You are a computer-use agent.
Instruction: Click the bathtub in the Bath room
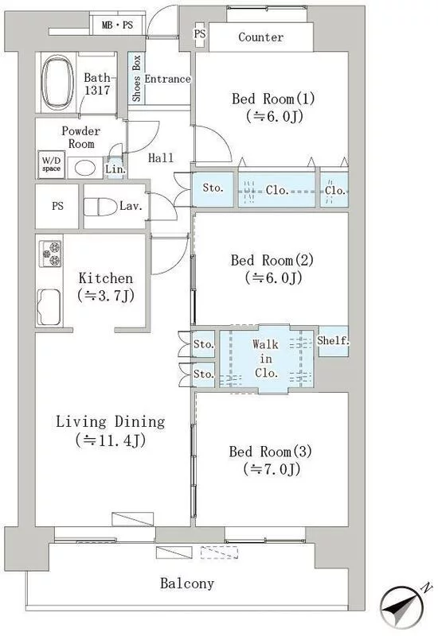click(57, 83)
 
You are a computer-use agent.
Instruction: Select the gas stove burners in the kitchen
click(51, 254)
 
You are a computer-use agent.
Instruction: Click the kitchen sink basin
click(49, 307)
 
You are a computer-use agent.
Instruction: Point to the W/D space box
click(51, 165)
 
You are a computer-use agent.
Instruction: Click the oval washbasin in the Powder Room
click(86, 168)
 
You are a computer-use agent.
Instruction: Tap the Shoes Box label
click(136, 78)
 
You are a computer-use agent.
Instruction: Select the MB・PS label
click(117, 25)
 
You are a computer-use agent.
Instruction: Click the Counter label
click(261, 37)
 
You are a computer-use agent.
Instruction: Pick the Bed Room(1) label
click(273, 99)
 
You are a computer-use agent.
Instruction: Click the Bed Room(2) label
click(272, 260)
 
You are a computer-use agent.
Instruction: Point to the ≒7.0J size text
click(272, 469)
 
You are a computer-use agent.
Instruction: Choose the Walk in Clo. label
click(266, 359)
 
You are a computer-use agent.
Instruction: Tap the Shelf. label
click(333, 341)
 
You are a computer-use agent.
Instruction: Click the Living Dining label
click(111, 422)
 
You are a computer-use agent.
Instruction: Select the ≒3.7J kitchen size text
click(106, 296)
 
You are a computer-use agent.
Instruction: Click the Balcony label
click(187, 584)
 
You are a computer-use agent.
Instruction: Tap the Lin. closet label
click(115, 169)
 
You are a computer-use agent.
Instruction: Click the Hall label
click(161, 157)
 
